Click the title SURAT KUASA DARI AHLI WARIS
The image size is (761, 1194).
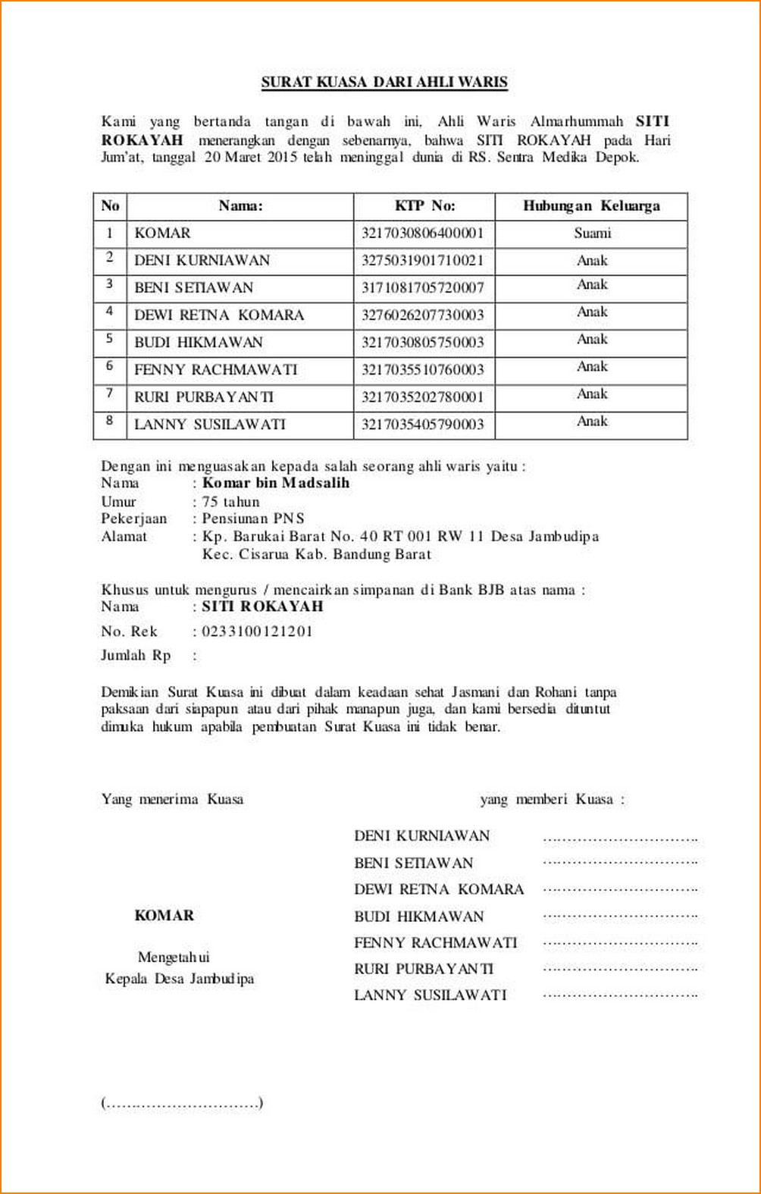point(384,82)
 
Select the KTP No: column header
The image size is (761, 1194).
point(424,205)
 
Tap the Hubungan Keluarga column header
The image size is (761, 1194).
point(591,205)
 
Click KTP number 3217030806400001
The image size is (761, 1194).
point(422,233)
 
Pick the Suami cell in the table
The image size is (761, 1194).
point(592,233)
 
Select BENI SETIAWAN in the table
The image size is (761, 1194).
point(193,287)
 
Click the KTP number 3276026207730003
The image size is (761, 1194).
point(422,315)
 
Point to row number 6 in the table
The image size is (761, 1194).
point(110,366)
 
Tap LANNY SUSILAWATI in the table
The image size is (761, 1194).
point(210,424)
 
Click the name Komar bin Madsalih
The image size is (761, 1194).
point(276,483)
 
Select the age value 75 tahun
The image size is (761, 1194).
point(230,501)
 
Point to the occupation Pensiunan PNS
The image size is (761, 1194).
point(253,519)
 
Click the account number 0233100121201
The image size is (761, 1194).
point(257,631)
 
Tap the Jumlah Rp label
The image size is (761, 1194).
point(136,655)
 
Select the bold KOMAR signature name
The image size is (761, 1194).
point(164,915)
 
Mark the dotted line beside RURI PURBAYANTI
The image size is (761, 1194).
point(620,970)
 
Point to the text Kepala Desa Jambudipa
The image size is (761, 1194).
point(180,978)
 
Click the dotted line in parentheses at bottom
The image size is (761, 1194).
point(182,1103)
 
